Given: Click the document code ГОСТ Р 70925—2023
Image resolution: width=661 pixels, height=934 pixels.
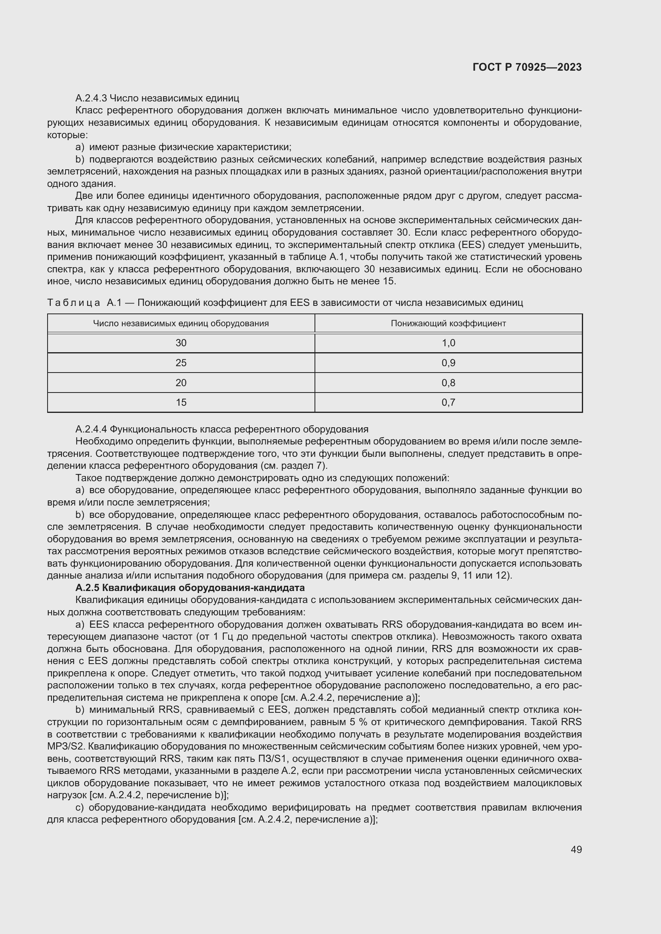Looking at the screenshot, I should coord(527,67).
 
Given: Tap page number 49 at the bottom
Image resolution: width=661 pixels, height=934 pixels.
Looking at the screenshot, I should coord(576,849).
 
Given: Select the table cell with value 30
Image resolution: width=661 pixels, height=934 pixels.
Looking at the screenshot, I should coord(181,343).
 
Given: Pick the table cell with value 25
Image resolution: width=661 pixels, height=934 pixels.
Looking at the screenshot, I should coord(181,363).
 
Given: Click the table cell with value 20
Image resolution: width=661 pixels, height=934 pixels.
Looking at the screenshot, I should coord(181,383).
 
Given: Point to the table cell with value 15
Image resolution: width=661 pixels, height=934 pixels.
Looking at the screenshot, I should coord(181,403).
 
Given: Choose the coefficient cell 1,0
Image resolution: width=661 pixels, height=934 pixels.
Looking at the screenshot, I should coord(448,343).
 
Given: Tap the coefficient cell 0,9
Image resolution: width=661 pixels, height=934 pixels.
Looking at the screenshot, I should coord(448,363).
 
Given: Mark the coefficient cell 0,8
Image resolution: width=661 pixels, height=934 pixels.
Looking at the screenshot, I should coord(448,383).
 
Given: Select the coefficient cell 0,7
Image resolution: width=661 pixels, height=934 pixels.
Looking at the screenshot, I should coord(448,403).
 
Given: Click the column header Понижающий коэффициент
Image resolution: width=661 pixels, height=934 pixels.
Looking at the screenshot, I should coord(448,323).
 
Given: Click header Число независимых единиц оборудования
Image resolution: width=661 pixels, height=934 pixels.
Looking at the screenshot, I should coord(181,323).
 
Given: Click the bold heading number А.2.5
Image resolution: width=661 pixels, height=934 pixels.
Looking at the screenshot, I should coord(88,588).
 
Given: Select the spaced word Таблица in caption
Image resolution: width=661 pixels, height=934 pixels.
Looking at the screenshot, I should coord(74,303).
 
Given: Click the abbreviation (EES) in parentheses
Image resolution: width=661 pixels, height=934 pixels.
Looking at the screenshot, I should coord(471,245).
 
